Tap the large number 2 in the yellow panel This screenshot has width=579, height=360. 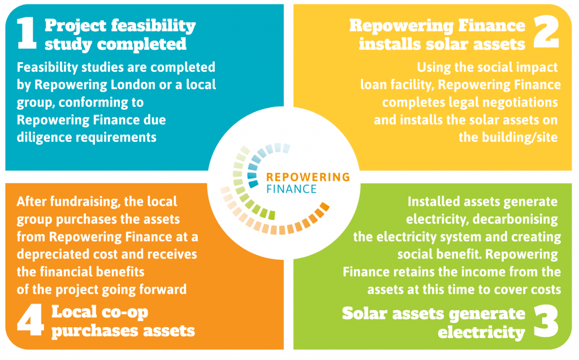tap(546, 33)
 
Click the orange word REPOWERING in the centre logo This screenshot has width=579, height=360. tap(308, 177)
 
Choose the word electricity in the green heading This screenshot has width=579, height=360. tap(481, 332)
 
